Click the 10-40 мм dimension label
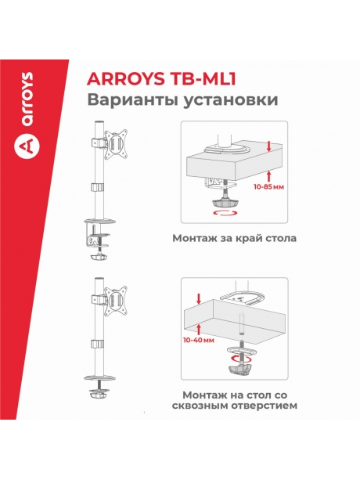(198, 342)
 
